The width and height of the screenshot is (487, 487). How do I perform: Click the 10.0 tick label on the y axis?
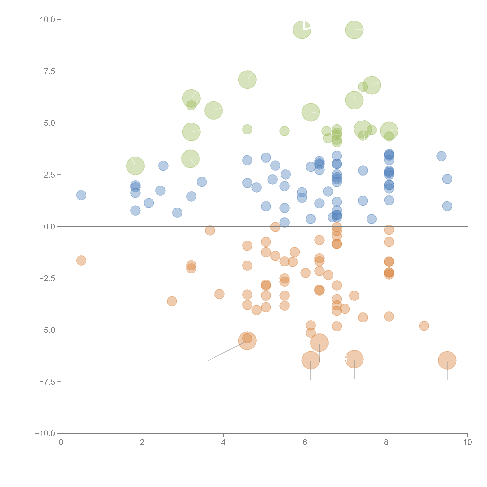[x=47, y=20]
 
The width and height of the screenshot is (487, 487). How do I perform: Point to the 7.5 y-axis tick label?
[x=49, y=71]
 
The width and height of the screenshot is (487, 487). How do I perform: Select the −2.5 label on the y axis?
[x=47, y=278]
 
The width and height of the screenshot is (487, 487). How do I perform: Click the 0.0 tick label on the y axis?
[x=49, y=227]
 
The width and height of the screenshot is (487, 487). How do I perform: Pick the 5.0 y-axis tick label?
[x=49, y=123]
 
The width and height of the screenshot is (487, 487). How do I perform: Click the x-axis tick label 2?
[x=142, y=442]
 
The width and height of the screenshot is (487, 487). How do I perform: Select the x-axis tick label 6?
[x=305, y=442]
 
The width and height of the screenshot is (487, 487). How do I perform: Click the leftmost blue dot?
[x=81, y=195]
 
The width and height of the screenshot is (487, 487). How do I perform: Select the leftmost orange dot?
[x=81, y=260]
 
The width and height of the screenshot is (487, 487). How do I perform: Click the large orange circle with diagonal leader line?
[x=247, y=341]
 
